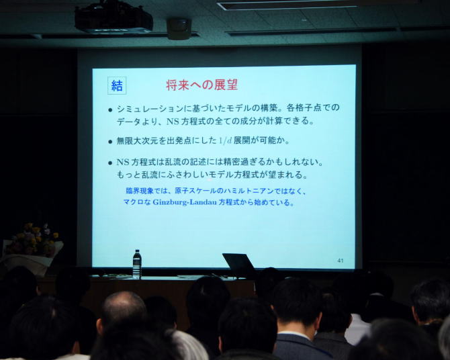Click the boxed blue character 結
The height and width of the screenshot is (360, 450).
117,85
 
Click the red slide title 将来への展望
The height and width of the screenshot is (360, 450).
202,85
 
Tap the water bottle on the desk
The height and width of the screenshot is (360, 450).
137,264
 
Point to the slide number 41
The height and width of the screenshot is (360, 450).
341,261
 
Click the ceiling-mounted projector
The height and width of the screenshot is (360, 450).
114,17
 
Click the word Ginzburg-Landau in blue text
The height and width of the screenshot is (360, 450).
185,201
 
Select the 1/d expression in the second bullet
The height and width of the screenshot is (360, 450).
225,140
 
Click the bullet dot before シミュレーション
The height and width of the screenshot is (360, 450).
110,109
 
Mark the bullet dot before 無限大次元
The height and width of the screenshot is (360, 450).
110,142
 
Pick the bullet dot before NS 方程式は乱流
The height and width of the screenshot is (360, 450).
110,163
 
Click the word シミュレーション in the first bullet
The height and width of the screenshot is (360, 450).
150,109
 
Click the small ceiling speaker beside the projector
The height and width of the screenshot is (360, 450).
179,29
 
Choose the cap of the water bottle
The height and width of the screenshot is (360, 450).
137,251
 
